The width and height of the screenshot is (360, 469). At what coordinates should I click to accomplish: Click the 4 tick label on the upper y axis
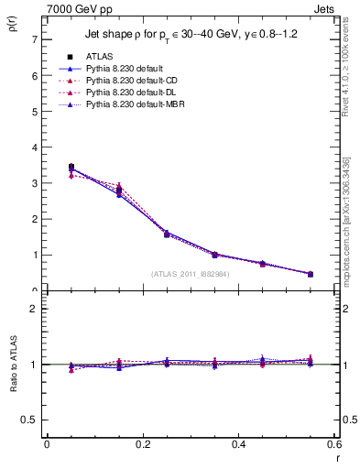point(34,147)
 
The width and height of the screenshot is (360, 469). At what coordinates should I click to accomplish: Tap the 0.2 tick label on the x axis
point(142,444)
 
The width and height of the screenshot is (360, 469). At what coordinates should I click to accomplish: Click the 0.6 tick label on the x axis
point(333,444)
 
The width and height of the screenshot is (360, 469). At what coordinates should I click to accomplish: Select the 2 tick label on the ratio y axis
point(34,309)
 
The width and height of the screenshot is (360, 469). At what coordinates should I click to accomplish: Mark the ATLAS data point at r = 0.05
point(71,167)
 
